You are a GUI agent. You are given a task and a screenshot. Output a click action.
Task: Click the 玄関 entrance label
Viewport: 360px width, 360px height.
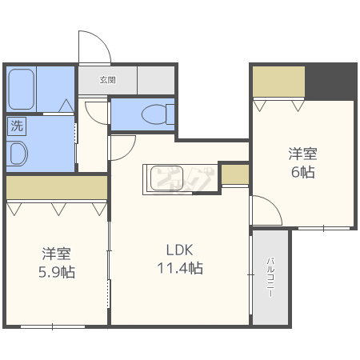[108, 80]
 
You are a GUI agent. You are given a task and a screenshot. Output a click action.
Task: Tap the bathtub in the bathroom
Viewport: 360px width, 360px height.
[21, 90]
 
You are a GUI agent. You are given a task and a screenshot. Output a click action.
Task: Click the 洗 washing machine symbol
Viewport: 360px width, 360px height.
[17, 126]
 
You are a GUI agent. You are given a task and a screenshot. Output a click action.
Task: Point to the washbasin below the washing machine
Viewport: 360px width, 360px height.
[18, 154]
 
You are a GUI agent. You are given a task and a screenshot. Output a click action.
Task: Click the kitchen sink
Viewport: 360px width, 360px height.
[166, 178]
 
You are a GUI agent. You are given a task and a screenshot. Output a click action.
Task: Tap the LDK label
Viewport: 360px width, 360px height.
[179, 250]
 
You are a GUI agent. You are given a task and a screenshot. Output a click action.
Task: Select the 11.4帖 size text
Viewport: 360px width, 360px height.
[180, 268]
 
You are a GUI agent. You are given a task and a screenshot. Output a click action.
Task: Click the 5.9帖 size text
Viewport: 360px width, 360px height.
[57, 272]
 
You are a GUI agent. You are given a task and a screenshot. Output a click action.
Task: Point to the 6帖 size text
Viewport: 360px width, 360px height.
[303, 172]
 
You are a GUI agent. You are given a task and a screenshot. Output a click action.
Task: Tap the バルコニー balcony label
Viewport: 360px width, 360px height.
[270, 278]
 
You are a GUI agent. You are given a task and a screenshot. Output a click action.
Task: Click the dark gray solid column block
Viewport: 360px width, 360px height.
[330, 82]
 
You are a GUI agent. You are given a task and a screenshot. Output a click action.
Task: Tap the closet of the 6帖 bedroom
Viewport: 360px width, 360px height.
[278, 82]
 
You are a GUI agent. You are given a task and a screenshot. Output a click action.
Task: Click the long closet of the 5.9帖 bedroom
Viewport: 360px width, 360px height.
[57, 187]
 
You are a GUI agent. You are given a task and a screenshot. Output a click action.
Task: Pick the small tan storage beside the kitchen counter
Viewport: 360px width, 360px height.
[235, 174]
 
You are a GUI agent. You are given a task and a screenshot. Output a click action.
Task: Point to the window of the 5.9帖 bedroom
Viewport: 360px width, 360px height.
[53, 326]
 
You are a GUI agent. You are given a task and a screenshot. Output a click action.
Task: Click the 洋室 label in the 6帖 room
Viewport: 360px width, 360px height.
[303, 154]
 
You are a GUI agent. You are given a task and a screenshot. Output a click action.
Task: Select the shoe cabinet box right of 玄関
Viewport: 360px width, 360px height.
[156, 80]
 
